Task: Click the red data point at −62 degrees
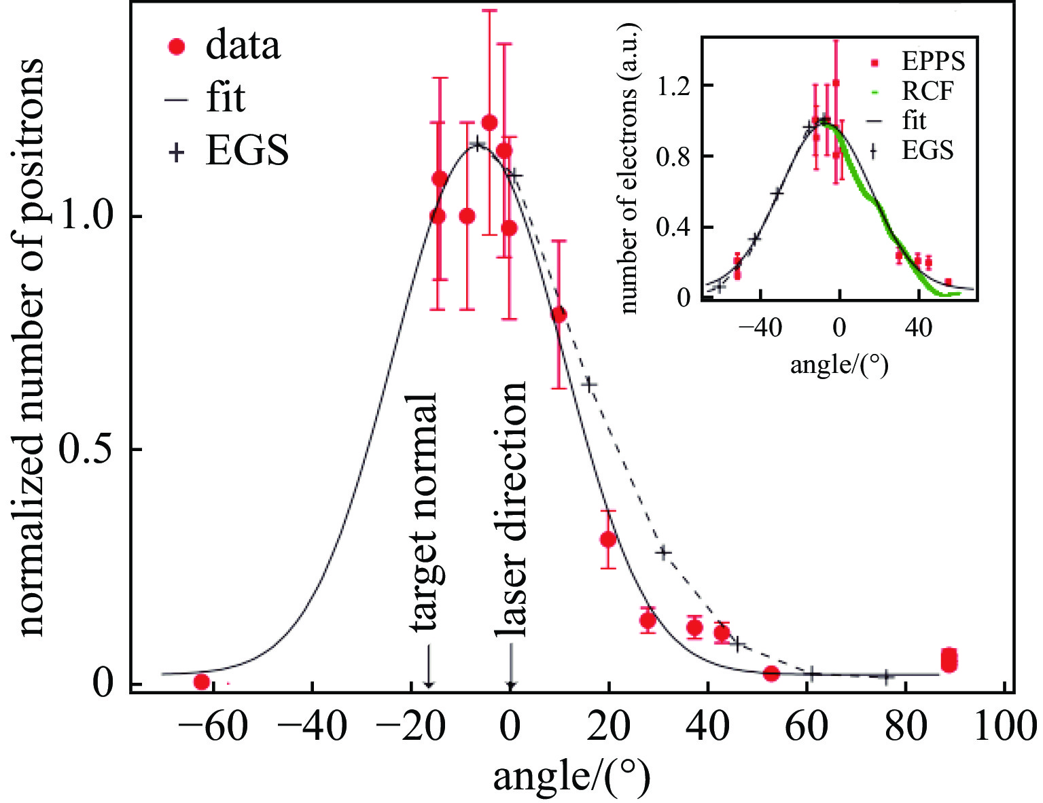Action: click(x=201, y=681)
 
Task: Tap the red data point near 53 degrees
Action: click(x=771, y=673)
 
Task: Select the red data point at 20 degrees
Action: click(x=608, y=539)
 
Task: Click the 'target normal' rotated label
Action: click(x=427, y=513)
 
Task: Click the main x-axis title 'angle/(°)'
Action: click(x=571, y=776)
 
